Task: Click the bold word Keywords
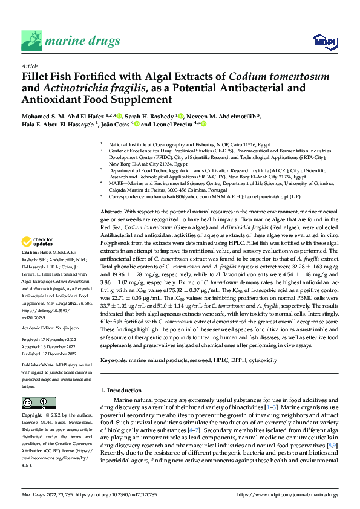tap(113, 360)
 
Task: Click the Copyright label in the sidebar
tap(33, 416)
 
